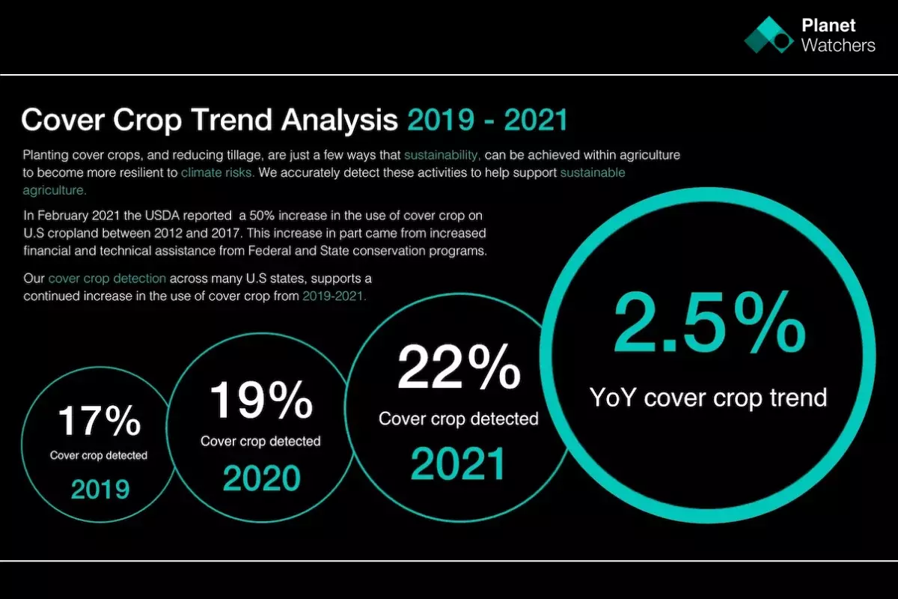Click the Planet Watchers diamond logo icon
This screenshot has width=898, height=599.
pyautogui.click(x=769, y=35)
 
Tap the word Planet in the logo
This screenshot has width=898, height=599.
pyautogui.click(x=828, y=25)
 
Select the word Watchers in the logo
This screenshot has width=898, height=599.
pyautogui.click(x=838, y=46)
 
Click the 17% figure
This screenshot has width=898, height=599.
pyautogui.click(x=100, y=420)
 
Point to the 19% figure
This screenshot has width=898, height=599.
pyautogui.click(x=261, y=400)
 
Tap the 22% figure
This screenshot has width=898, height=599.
pyautogui.click(x=459, y=366)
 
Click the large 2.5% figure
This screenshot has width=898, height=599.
pyautogui.click(x=709, y=322)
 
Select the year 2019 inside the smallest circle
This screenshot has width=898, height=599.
pyautogui.click(x=100, y=489)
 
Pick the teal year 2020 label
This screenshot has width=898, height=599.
pyautogui.click(x=261, y=478)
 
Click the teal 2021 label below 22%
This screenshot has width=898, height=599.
pyautogui.click(x=458, y=463)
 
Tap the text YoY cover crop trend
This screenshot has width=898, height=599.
pyautogui.click(x=708, y=398)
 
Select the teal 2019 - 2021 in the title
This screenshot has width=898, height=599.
pyautogui.click(x=487, y=119)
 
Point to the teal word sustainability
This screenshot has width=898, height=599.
pyautogui.click(x=442, y=155)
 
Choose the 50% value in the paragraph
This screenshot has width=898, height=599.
pyautogui.click(x=262, y=216)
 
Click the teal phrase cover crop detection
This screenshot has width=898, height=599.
pyautogui.click(x=107, y=278)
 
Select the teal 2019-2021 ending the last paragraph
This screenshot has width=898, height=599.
pyautogui.click(x=335, y=296)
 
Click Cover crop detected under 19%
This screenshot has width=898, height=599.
pyautogui.click(x=260, y=441)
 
